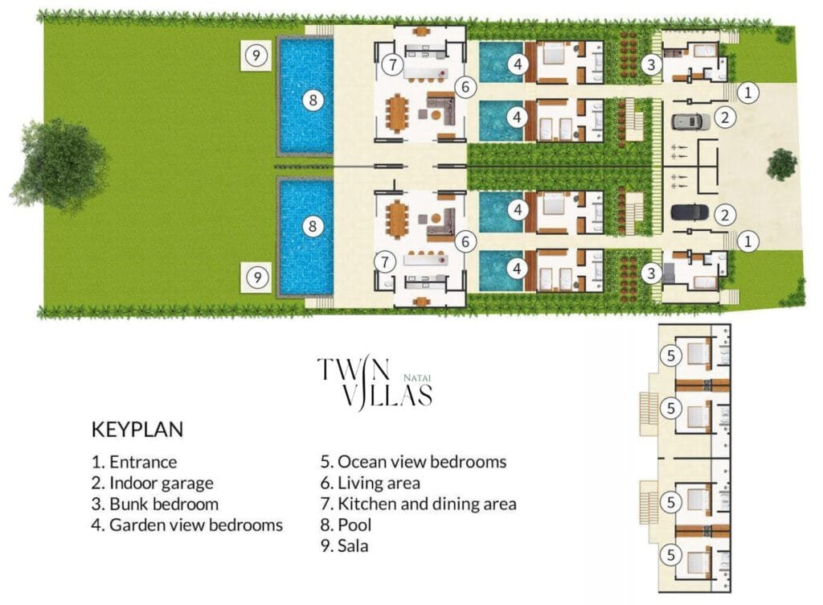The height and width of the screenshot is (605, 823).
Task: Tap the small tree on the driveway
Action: [781, 164]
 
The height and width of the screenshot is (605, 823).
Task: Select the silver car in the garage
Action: [690, 121]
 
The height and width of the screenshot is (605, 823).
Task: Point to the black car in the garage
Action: [690, 212]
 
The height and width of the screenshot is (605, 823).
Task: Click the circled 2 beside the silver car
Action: [724, 117]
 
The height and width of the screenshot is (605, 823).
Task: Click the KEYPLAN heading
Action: [137, 430]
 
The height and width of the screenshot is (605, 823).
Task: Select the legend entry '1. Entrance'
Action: [133, 463]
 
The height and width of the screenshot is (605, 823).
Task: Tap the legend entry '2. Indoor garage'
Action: [152, 484]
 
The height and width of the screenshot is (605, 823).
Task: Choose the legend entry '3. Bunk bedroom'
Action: [154, 504]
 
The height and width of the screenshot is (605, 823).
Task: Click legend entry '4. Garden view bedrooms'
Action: [186, 525]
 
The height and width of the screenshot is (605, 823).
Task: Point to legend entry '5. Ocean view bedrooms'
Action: [413, 463]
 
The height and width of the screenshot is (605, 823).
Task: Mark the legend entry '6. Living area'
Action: [370, 484]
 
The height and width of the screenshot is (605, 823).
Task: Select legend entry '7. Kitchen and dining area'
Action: [418, 504]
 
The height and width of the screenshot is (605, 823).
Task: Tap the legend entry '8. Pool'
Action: [348, 525]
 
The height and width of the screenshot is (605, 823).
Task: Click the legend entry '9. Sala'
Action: [347, 546]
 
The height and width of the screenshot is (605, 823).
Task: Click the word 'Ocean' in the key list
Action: [363, 463]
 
